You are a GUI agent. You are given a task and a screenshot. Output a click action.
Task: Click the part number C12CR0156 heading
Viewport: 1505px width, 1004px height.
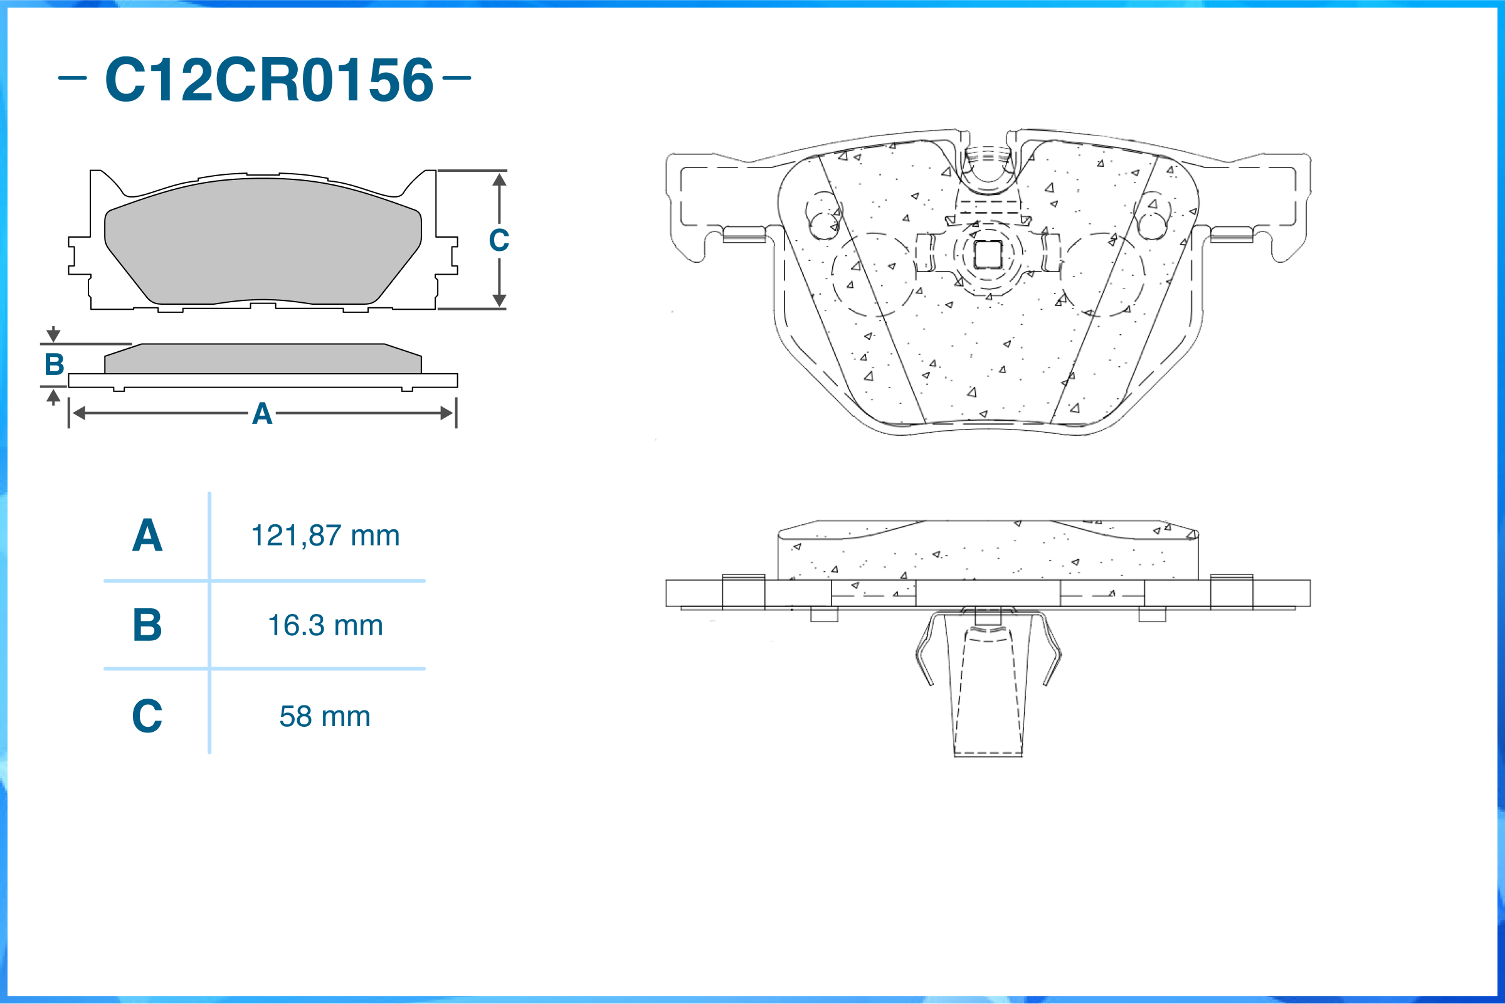click(x=270, y=79)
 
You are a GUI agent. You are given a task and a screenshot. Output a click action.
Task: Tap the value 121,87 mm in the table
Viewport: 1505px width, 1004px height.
click(x=325, y=536)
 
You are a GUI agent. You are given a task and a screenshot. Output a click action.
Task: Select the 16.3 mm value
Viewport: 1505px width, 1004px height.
click(x=325, y=625)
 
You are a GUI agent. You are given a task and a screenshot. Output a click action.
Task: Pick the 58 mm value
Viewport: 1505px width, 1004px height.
click(x=325, y=716)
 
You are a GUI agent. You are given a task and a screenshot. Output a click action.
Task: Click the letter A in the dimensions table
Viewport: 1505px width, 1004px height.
click(x=147, y=536)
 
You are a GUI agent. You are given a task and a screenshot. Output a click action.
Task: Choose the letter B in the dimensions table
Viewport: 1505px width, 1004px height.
click(x=147, y=625)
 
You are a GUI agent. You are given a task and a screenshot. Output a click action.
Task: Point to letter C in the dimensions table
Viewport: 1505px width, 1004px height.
click(x=147, y=716)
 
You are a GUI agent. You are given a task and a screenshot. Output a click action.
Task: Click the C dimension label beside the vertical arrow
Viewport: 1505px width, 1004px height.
click(x=499, y=240)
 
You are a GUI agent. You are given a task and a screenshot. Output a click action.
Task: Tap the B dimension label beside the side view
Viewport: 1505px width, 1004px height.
click(x=55, y=364)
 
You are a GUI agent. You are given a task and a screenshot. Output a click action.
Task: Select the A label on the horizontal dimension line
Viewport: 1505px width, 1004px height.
click(x=262, y=414)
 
